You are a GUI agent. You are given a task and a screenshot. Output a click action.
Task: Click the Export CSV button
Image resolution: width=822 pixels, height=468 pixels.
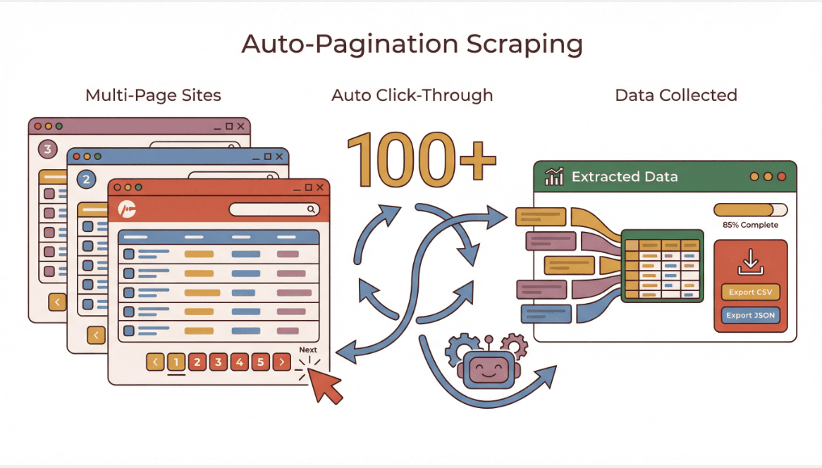(750, 292)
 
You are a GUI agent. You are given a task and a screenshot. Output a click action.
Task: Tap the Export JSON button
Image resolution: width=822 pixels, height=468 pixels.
(750, 315)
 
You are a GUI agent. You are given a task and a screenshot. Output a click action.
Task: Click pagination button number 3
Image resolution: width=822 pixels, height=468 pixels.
(219, 362)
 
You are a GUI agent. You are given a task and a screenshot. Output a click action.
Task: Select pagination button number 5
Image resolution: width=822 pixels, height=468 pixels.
(261, 362)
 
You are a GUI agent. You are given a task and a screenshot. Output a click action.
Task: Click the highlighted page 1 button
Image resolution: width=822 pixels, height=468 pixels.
(176, 362)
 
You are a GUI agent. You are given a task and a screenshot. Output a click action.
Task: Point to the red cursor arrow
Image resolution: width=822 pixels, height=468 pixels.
(326, 386)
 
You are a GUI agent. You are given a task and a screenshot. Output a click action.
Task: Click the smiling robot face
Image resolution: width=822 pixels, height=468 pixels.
(486, 371)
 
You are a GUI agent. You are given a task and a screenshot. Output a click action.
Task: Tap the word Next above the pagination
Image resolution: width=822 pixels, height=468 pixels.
(308, 350)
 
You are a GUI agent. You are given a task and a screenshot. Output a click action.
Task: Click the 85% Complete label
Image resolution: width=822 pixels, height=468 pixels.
(750, 225)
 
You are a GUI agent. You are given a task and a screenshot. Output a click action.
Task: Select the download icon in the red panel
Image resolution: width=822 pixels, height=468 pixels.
(750, 262)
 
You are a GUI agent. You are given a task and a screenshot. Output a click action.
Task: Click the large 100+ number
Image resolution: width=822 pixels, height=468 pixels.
(422, 159)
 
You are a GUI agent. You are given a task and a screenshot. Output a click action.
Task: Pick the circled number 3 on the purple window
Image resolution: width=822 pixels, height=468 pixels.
(48, 149)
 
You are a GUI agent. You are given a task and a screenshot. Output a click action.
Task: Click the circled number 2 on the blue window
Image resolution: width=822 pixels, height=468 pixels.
(86, 179)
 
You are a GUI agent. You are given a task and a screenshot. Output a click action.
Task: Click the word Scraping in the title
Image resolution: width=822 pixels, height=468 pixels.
(524, 44)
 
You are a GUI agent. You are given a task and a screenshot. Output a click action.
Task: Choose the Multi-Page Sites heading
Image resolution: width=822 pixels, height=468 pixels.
(153, 95)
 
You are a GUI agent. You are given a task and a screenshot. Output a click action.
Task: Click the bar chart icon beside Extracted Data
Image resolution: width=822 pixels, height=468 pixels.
(554, 177)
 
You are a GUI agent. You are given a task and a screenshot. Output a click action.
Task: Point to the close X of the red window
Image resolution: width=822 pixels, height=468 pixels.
(321, 187)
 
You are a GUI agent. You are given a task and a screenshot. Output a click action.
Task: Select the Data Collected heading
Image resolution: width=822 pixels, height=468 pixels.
(675, 95)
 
